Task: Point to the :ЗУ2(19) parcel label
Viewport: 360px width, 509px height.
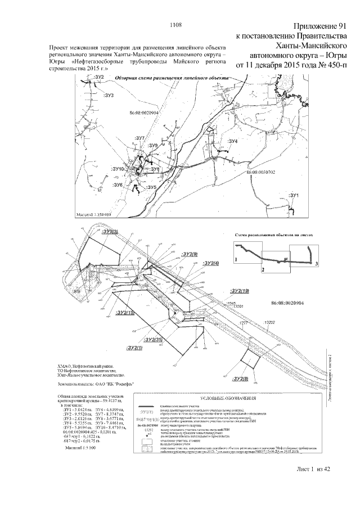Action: [x=240, y=291]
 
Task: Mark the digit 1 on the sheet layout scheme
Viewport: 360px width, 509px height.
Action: [x=236, y=259]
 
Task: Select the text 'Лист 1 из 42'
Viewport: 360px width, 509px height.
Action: [x=316, y=485]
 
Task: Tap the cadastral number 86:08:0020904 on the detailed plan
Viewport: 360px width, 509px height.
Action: [x=287, y=303]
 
